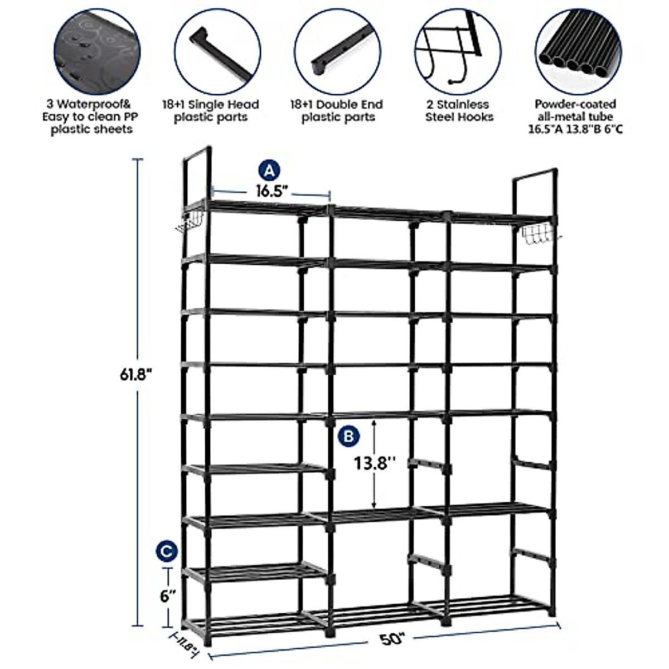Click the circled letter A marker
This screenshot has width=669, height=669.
[270, 169]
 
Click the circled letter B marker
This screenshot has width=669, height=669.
[348, 436]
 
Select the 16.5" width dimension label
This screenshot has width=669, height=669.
[272, 191]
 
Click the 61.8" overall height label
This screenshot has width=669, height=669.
[136, 374]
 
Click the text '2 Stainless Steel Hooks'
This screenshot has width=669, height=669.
[459, 110]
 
